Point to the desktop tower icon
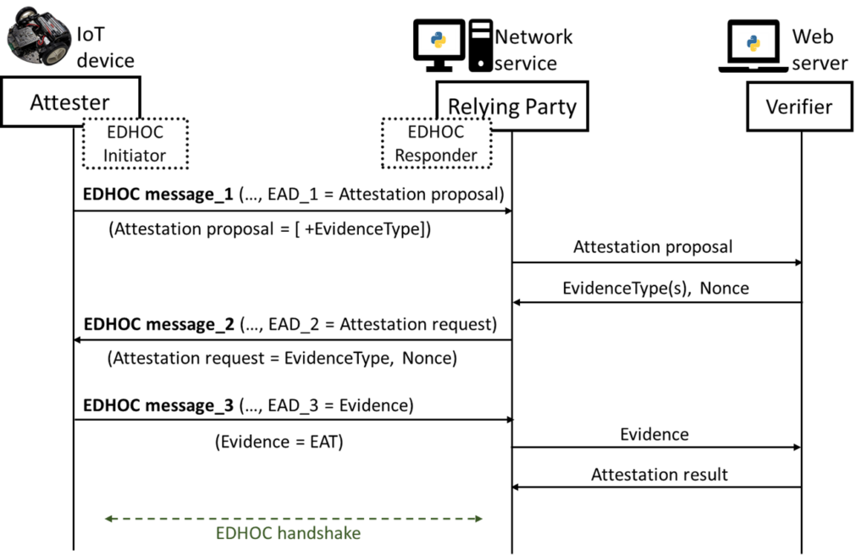(x=481, y=46)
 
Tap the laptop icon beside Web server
(x=753, y=46)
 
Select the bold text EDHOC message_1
(x=158, y=195)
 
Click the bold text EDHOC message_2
(x=159, y=324)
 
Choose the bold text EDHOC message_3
(x=158, y=405)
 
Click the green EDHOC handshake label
(x=288, y=533)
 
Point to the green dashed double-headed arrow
(x=294, y=519)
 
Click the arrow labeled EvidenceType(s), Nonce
(x=657, y=302)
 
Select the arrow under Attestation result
(x=656, y=487)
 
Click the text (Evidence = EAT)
(x=279, y=442)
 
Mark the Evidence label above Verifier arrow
(x=654, y=434)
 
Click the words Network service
(x=533, y=50)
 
